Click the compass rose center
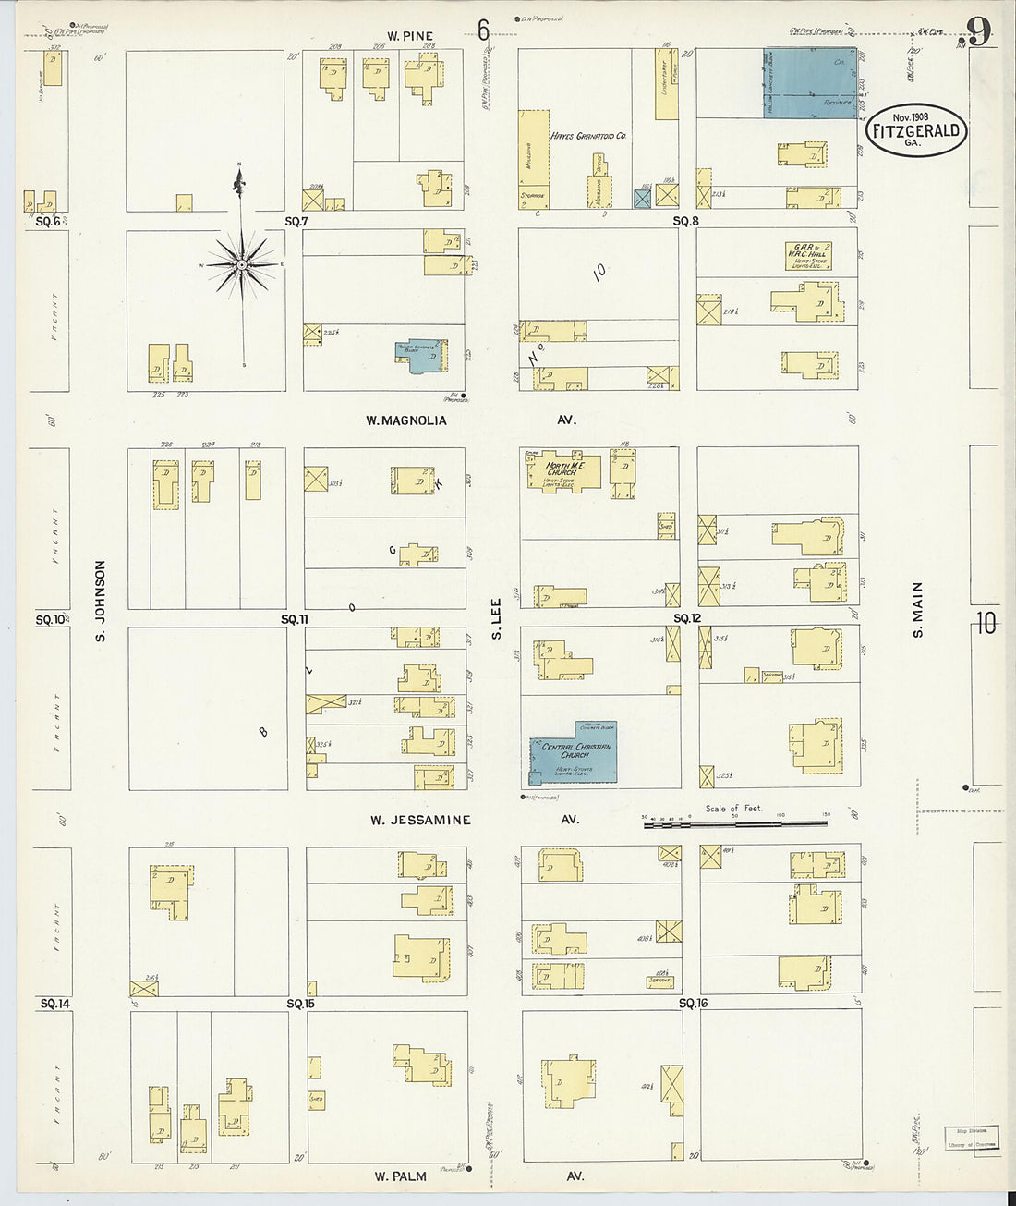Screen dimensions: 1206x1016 point(241,265)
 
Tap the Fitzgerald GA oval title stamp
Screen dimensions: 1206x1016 point(916,129)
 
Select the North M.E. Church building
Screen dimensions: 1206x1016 point(562,470)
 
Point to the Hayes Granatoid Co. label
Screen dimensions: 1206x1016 point(588,136)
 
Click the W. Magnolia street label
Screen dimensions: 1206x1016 point(405,420)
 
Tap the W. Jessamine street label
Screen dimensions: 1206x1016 point(420,820)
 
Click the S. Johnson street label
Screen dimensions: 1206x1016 point(101,601)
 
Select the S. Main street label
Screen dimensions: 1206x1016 point(918,609)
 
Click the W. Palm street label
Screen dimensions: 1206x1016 point(400,1176)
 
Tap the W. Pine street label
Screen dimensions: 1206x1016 point(410,36)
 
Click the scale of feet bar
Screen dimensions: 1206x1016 point(735,822)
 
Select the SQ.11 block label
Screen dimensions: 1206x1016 point(296,618)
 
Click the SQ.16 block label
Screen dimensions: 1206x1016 point(693,1003)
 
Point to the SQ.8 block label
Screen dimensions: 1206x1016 point(685,221)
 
